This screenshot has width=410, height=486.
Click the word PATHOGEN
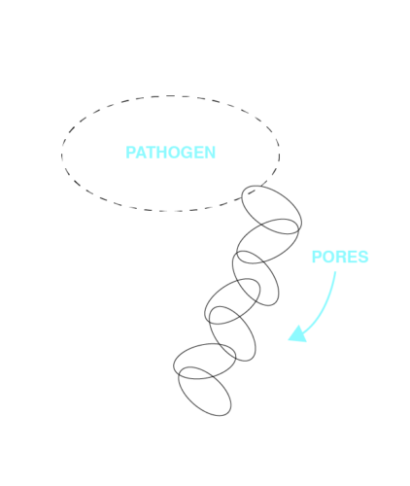click(170, 153)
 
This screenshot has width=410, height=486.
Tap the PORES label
click(340, 257)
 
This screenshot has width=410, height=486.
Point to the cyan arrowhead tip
click(289, 339)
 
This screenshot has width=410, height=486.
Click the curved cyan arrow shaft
click(325, 308)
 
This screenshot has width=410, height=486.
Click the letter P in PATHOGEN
click(130, 153)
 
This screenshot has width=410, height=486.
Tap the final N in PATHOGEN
click(210, 153)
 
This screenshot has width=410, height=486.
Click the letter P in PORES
click(317, 257)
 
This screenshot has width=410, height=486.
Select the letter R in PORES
click(340, 257)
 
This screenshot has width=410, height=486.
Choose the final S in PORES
click(362, 257)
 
